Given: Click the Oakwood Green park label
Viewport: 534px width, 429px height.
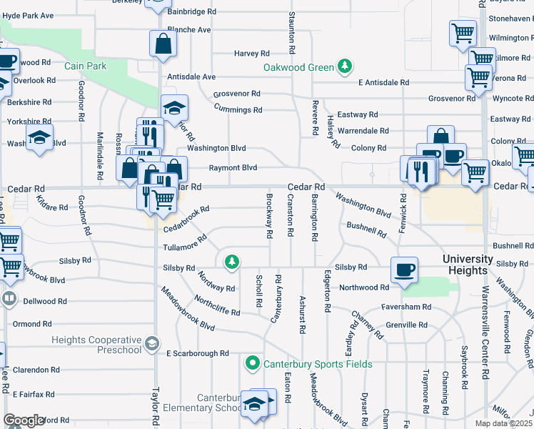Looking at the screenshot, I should [298, 68].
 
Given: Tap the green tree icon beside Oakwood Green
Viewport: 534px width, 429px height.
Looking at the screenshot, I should [346, 66].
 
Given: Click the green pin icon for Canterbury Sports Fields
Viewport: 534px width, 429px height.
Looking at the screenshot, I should [251, 364].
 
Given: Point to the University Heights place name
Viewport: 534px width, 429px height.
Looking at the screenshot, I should [478, 265].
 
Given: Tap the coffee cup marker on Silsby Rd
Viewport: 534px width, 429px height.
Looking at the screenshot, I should [404, 270].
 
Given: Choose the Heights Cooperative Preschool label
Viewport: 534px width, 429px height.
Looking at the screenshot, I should [96, 344].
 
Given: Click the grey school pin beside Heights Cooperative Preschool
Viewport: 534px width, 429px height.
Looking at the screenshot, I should [151, 345].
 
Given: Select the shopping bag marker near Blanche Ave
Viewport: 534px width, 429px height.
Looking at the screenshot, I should [163, 44].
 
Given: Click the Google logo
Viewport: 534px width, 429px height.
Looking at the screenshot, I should [24, 420].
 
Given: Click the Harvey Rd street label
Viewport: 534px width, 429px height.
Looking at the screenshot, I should [252, 54].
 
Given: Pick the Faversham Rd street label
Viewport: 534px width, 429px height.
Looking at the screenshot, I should [405, 307].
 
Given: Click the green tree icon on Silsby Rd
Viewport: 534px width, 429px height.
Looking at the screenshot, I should [231, 262].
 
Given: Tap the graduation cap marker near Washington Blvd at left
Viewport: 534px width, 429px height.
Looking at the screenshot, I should [40, 138].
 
